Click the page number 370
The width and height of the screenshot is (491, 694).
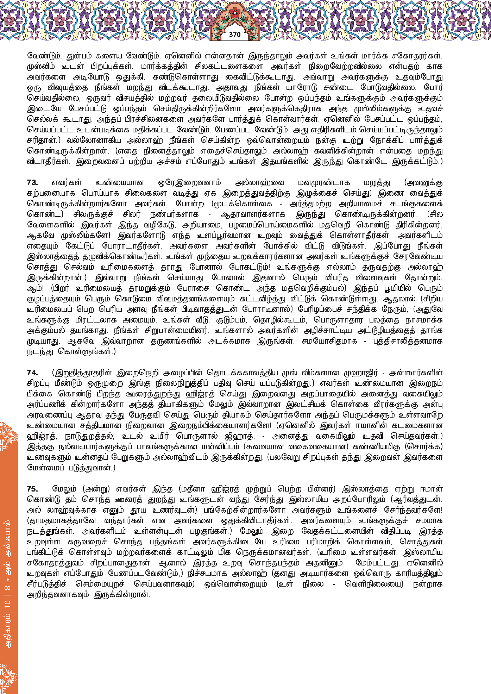click(235, 35)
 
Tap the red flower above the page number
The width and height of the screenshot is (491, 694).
click(234, 13)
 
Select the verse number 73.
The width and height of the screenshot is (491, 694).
click(32, 183)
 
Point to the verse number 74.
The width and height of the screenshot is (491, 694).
click(32, 373)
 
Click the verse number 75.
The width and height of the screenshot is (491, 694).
click(32, 489)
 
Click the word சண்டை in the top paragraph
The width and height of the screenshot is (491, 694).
click(334, 87)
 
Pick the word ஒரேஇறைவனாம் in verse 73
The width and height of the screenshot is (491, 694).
click(190, 183)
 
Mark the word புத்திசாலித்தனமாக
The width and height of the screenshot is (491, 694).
click(407, 341)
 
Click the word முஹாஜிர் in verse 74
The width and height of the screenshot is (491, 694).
click(361, 373)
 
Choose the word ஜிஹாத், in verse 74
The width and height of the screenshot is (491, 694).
click(240, 436)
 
